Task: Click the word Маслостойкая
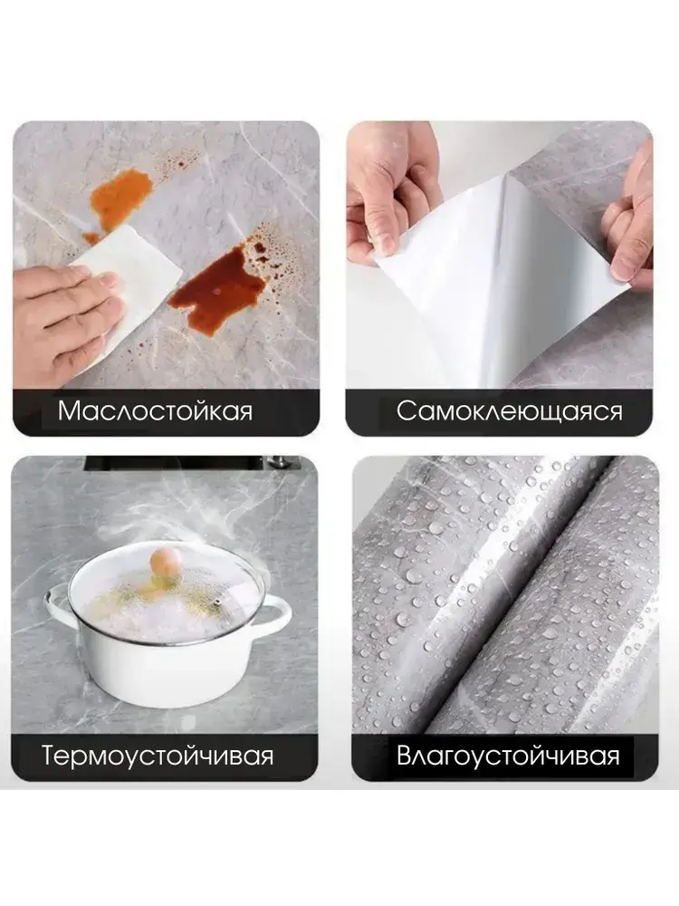(156, 411)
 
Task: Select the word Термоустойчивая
(157, 756)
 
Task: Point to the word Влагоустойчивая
(508, 756)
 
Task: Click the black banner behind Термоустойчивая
(165, 757)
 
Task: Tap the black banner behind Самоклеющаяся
(500, 412)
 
